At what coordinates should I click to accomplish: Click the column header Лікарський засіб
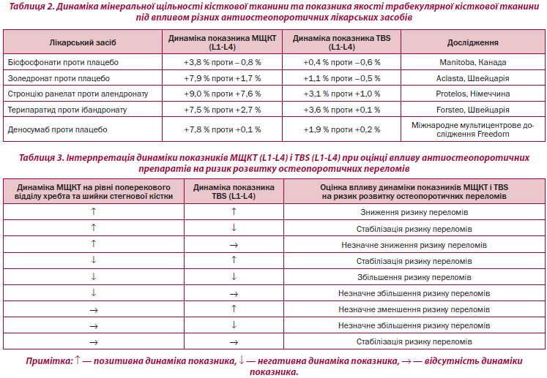pyautogui.click(x=83, y=42)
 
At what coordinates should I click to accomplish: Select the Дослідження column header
pyautogui.click(x=473, y=42)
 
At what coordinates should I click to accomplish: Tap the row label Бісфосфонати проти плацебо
pyautogui.click(x=63, y=62)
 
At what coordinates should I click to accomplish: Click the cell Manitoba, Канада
pyautogui.click(x=473, y=62)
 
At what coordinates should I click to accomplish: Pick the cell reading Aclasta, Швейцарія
pyautogui.click(x=473, y=78)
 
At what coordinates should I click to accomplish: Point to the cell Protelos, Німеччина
pyautogui.click(x=473, y=94)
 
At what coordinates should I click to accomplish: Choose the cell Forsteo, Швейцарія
pyautogui.click(x=473, y=110)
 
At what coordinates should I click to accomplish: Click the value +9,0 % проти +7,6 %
pyautogui.click(x=222, y=94)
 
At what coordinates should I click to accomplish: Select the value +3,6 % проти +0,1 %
pyautogui.click(x=341, y=110)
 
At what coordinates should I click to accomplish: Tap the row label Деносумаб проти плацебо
pyautogui.click(x=58, y=129)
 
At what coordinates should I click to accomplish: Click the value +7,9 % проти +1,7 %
pyautogui.click(x=222, y=78)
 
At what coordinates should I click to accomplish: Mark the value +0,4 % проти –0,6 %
pyautogui.click(x=341, y=62)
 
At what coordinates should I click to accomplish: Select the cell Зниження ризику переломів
pyautogui.click(x=414, y=212)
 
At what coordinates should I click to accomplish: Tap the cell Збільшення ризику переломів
pyautogui.click(x=414, y=277)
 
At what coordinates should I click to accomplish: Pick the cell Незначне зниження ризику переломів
pyautogui.click(x=414, y=245)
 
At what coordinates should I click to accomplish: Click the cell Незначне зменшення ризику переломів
pyautogui.click(x=414, y=309)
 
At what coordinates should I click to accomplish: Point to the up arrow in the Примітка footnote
pyautogui.click(x=78, y=360)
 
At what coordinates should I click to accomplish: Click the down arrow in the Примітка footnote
pyautogui.click(x=241, y=360)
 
